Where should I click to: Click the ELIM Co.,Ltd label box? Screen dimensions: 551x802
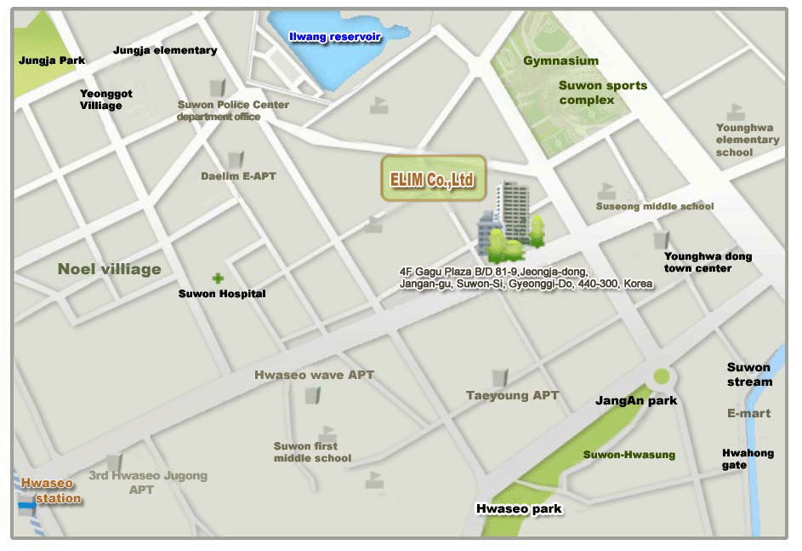pos(432,179)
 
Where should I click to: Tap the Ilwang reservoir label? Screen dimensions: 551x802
pos(335,37)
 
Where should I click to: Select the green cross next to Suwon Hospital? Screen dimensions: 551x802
pos(219,278)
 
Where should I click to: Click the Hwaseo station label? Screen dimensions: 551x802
pos(51,491)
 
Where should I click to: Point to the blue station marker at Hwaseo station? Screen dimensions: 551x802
pos(27,506)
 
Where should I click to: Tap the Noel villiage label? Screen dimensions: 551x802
pos(109,269)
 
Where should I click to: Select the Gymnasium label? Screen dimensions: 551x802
pos(560,60)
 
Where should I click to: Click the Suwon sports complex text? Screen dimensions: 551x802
pos(602,92)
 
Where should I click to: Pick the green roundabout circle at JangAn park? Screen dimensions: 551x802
pos(662,376)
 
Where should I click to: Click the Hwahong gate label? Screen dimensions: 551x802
pos(748,459)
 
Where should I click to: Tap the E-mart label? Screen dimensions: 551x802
pos(748,413)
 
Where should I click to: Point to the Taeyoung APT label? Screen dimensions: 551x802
pos(512,395)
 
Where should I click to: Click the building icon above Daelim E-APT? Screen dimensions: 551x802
pos(236,159)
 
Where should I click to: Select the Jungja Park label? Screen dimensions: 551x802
pos(52,60)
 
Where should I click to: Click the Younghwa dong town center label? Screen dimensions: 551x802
pos(708,262)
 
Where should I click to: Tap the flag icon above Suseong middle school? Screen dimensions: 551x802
pos(606,191)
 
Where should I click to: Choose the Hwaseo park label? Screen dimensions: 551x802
pos(519,509)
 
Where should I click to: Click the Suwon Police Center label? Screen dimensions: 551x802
pos(233,105)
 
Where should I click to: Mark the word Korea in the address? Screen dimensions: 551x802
pos(638,283)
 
